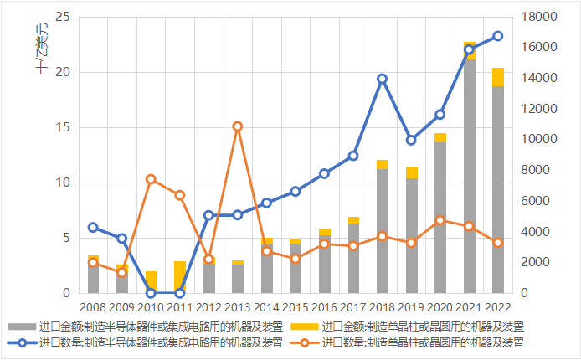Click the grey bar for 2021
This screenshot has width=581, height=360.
(469, 176)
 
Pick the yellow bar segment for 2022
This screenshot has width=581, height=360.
(498, 77)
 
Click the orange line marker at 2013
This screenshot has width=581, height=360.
(237, 126)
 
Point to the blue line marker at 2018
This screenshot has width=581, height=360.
(383, 79)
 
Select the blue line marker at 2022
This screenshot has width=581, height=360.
(498, 36)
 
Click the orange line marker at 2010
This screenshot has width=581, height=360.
(151, 179)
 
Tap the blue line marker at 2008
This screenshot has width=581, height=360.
(93, 228)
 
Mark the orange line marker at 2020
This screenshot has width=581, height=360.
(440, 220)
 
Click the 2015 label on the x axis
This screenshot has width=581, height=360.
(295, 308)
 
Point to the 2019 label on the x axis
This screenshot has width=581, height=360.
(411, 308)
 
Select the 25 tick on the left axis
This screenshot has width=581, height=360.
(63, 17)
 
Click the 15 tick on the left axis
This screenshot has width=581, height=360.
(63, 127)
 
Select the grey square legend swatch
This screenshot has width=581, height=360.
(21, 326)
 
